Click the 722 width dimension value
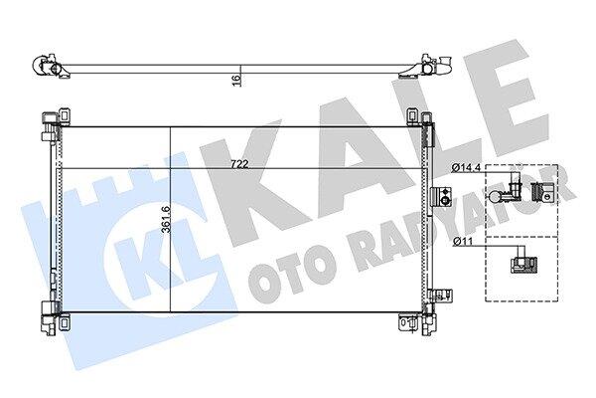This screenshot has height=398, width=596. point(239,164)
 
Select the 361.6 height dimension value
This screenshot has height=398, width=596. point(166,219)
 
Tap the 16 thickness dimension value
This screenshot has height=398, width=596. point(236,81)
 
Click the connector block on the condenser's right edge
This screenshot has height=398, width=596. point(440,197)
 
